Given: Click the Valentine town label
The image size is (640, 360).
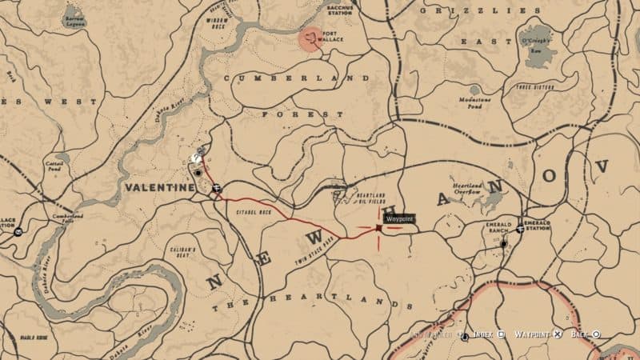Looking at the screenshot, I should (160, 187).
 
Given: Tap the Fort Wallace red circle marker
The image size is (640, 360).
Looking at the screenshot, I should (311, 39).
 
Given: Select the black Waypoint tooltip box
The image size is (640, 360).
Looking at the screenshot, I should (399, 218).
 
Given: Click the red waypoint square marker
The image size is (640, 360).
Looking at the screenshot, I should (378, 228).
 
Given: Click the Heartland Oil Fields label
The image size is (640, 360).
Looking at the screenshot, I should (371, 198).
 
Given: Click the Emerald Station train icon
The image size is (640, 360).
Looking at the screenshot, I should (521, 228).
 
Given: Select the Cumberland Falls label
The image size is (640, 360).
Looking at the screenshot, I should (68, 218).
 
